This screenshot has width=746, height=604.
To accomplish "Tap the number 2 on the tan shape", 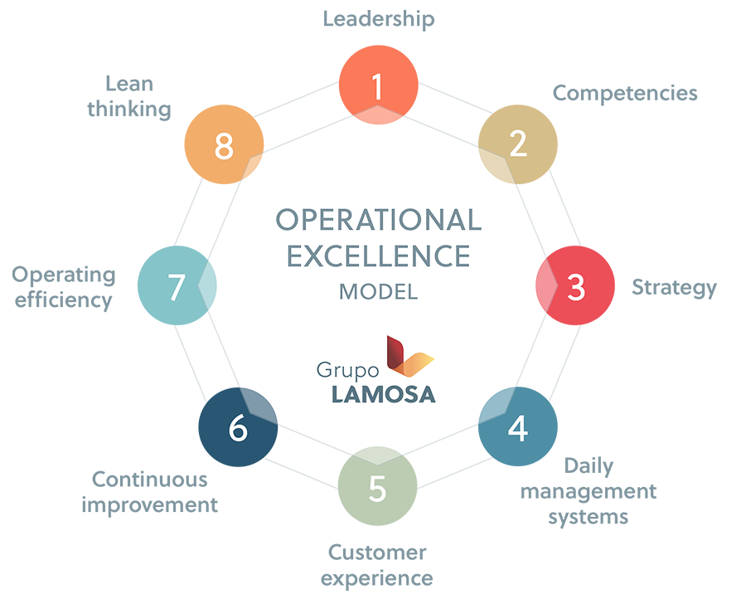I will [518, 144].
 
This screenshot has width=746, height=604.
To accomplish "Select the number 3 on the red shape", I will [576, 287].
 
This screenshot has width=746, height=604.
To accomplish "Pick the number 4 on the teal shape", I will [518, 430].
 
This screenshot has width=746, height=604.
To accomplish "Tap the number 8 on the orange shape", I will [223, 147].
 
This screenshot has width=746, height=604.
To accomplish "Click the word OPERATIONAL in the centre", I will [378, 220].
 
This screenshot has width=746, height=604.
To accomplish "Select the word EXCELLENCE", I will [378, 256].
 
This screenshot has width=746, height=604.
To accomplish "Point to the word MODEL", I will [378, 293].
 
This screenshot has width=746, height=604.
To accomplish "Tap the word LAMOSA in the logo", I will [383, 393].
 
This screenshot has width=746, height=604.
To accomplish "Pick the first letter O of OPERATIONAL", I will [286, 220].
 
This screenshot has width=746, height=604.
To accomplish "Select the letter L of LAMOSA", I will [337, 393].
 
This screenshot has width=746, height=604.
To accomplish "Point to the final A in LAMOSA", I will [426, 393].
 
